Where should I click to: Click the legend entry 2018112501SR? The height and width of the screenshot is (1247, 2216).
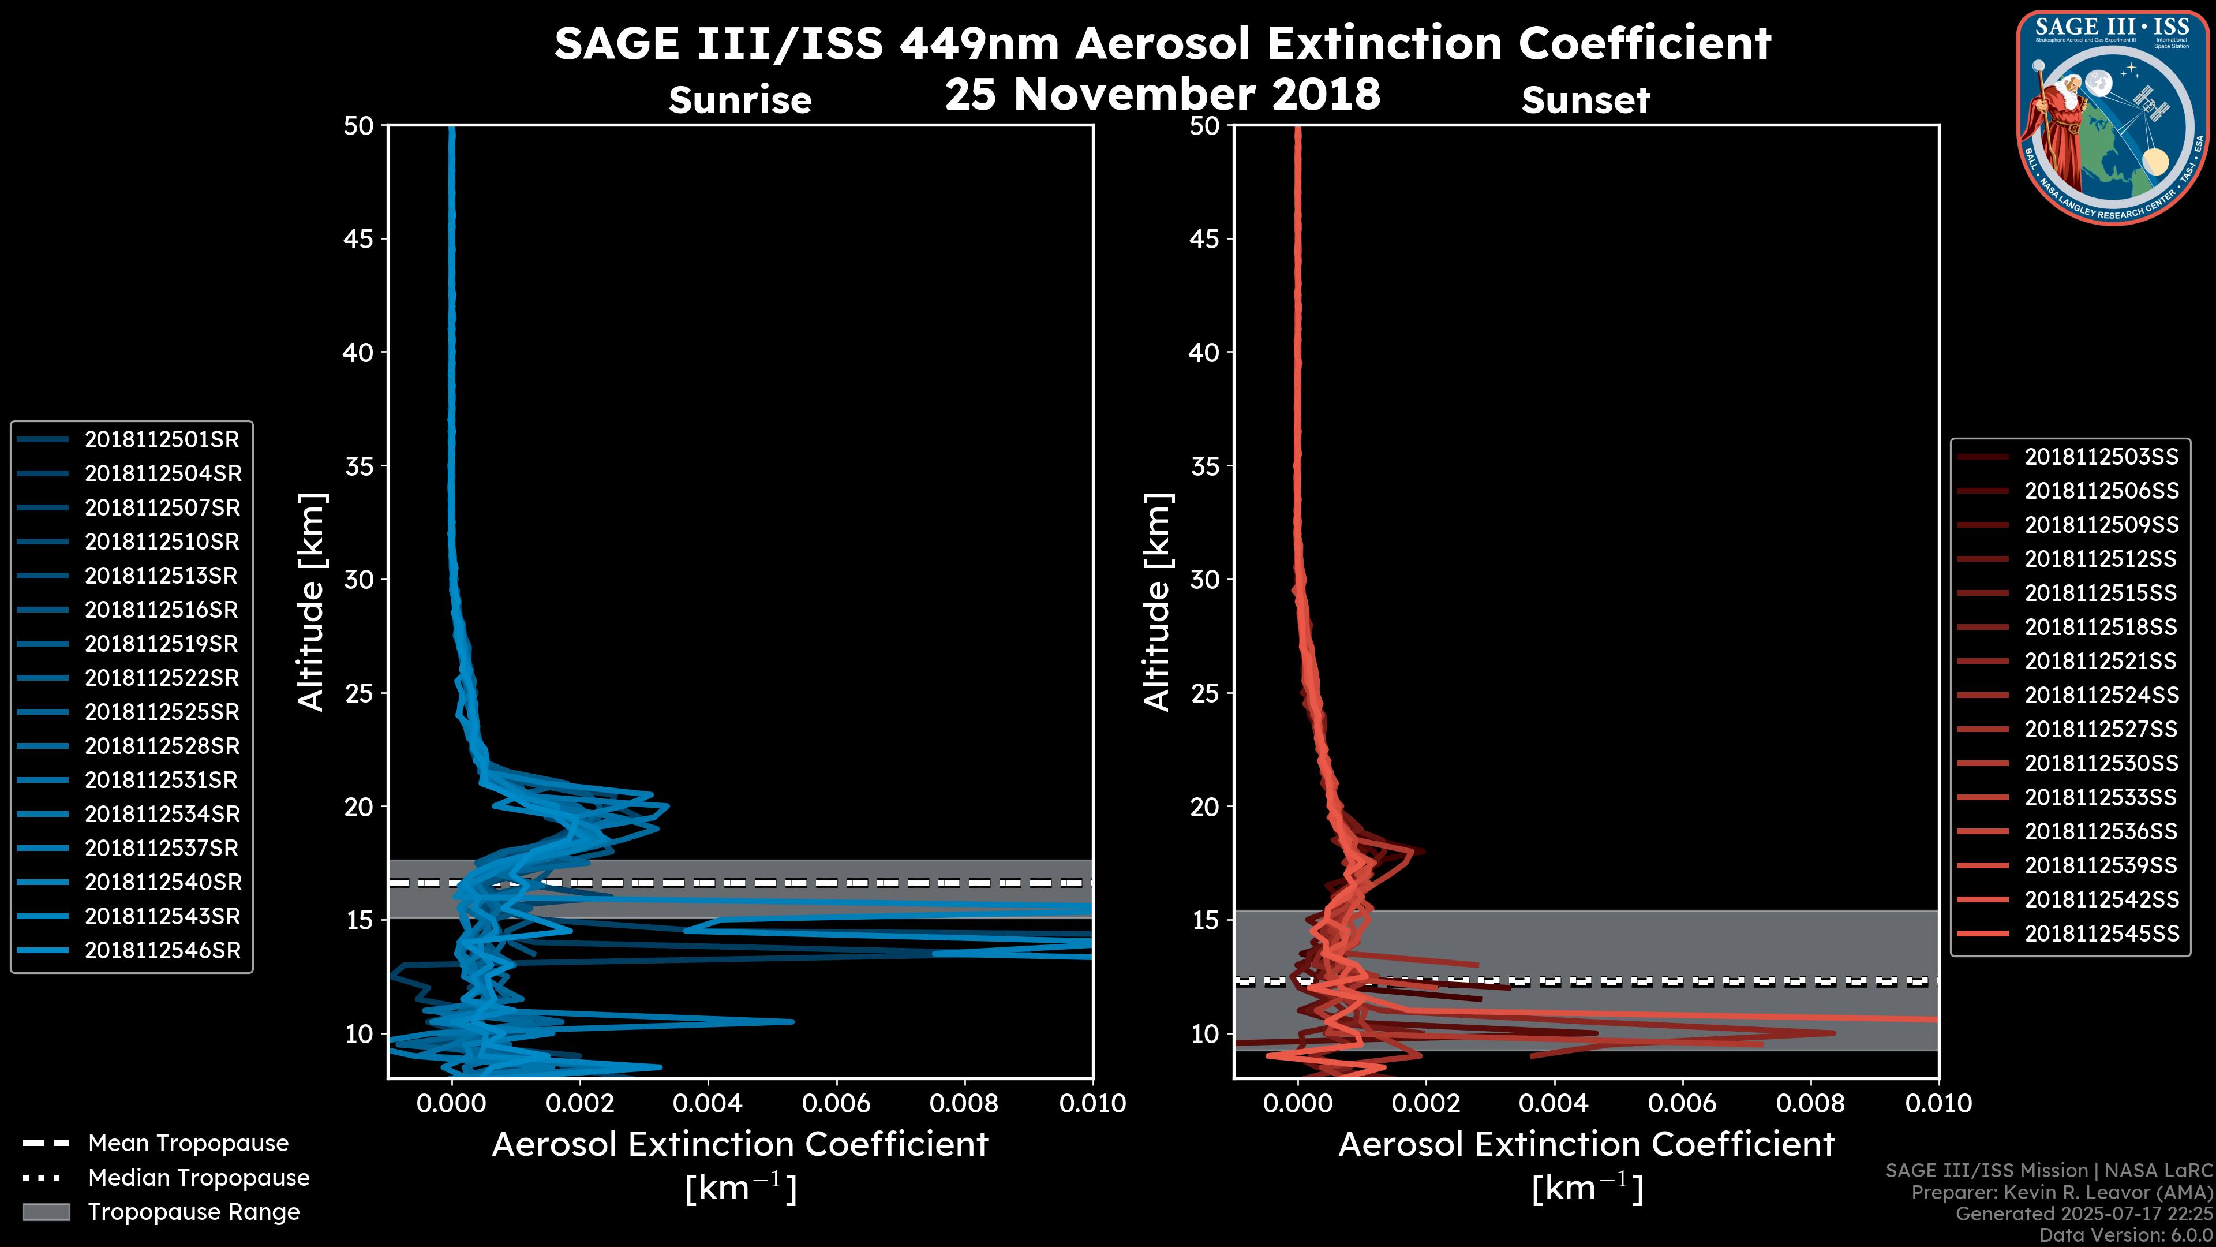coord(162,440)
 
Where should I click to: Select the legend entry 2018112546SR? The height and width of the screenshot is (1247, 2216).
coord(162,951)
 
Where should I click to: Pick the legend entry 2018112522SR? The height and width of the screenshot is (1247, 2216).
coord(162,678)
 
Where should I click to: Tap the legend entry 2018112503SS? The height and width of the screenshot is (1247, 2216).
coord(2101,457)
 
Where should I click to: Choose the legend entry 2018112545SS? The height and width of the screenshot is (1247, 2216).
coord(2101,934)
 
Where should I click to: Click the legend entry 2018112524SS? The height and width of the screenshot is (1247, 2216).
coord(2101,695)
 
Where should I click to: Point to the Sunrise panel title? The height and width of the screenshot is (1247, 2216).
coord(740,100)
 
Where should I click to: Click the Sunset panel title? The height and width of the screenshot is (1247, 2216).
coord(1585,100)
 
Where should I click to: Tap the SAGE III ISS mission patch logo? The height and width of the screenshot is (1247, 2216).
coord(2112,118)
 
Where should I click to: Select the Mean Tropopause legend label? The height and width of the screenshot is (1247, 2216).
coord(188,1144)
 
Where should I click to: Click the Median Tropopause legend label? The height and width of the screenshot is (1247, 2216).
coord(199,1178)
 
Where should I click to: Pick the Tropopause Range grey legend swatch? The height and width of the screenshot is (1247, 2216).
coord(46,1212)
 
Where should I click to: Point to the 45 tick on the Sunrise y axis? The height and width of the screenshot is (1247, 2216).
coord(360,239)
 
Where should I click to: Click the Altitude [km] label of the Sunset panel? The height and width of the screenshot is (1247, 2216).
coord(1157,602)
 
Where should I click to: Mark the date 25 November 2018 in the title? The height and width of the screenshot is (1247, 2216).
coord(1162,95)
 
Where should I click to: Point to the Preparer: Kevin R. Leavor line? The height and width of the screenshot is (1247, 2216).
coord(2061,1193)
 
